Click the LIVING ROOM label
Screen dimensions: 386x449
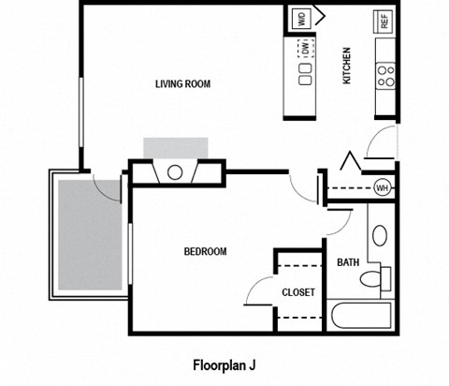click(x=182, y=83)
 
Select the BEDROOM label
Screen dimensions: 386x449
click(x=204, y=251)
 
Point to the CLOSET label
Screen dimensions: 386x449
click(x=297, y=292)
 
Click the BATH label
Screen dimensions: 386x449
click(x=348, y=263)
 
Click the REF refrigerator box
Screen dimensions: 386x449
click(x=383, y=21)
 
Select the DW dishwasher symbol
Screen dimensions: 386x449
click(x=305, y=46)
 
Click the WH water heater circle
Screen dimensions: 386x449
click(x=382, y=187)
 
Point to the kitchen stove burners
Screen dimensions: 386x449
click(x=384, y=76)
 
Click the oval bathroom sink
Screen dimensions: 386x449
click(x=380, y=235)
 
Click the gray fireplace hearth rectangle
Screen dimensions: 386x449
click(x=175, y=148)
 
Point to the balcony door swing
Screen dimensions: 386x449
click(x=109, y=186)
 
